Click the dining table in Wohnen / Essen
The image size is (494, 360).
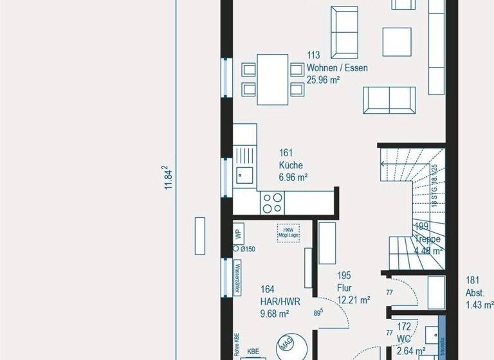(273, 78)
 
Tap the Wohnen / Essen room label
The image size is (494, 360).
(337, 68)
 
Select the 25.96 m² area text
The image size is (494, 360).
(323, 80)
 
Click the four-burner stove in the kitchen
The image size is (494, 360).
(271, 203)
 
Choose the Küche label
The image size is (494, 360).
(291, 165)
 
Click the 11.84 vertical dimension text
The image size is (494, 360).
(169, 177)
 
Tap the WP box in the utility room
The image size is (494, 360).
(237, 233)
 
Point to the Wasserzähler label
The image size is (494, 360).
(237, 277)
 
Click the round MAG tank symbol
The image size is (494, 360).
(288, 346)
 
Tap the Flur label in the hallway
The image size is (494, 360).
(344, 287)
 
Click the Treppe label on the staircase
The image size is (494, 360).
(428, 239)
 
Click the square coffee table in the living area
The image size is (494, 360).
(397, 42)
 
